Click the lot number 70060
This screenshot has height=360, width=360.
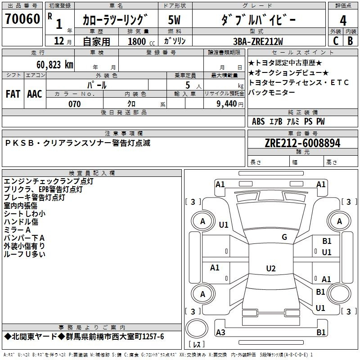[22, 18]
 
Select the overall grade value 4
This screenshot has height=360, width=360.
[343, 20]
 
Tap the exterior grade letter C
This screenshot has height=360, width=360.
[336, 41]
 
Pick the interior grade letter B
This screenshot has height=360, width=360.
[350, 41]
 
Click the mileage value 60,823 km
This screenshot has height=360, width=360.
[55, 65]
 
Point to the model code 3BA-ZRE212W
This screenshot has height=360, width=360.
[258, 41]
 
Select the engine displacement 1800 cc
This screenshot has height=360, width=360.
[141, 41]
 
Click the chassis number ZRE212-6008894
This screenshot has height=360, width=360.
[302, 143]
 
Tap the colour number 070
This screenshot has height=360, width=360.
[74, 104]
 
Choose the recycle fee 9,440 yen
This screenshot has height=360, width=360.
[229, 104]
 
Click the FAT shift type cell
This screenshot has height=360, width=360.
[13, 94]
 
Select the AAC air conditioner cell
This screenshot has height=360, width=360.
[35, 94]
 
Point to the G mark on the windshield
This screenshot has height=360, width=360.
[284, 237]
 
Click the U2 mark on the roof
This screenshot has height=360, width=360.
[271, 268]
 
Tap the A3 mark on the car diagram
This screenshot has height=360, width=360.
[220, 332]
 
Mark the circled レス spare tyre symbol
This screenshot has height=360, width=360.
[197, 328]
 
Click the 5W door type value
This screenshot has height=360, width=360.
[174, 20]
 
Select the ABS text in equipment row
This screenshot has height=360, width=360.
[258, 121]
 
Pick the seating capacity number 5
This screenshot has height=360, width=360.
[188, 85]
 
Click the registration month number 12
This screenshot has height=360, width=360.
[59, 41]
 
